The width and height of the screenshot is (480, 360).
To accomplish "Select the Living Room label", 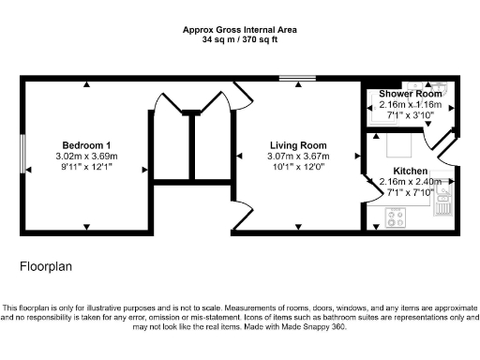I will tap(298, 145).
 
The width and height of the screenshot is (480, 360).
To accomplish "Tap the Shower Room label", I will tap(410, 95).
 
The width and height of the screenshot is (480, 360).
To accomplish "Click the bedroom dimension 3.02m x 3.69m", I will tap(84, 156).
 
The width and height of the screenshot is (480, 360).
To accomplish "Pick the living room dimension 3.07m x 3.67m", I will tap(298, 156).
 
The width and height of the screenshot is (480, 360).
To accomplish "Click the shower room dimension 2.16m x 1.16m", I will tap(410, 105).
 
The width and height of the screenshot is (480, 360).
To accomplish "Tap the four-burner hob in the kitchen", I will tap(395, 221).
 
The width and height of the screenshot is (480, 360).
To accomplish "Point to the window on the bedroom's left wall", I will tap(22, 156).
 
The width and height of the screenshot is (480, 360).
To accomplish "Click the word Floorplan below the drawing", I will tap(46, 267).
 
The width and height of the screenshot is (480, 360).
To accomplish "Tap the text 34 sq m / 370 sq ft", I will tap(239, 40).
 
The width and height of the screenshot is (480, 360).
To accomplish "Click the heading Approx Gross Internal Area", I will tap(239, 30).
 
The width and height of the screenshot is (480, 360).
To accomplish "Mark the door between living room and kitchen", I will tap(366, 174).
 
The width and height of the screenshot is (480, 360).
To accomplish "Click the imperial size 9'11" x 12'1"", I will tap(84, 166).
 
